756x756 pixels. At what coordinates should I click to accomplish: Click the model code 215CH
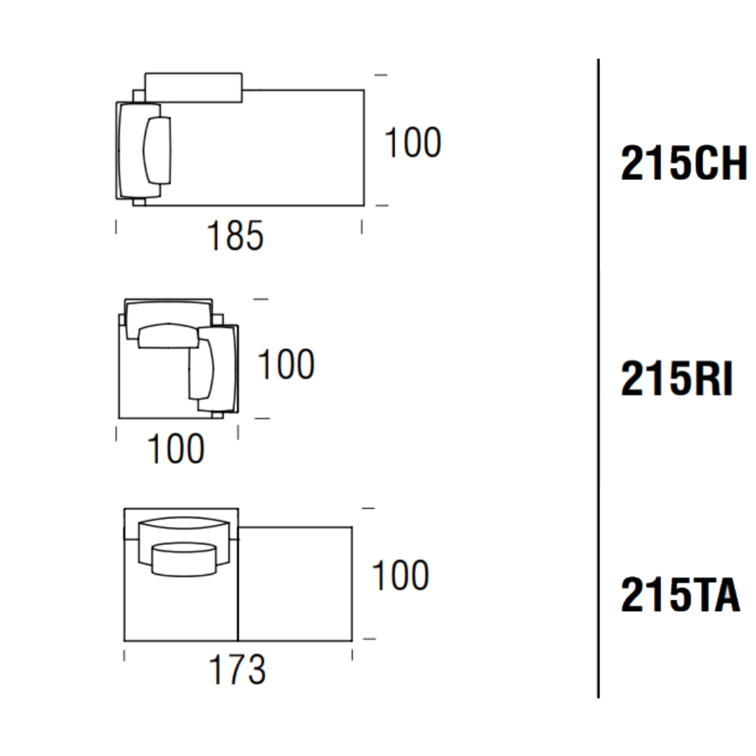pyautogui.click(x=684, y=163)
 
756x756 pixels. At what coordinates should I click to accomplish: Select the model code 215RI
pyautogui.click(x=676, y=378)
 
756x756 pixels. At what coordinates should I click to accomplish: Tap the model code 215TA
pyautogui.click(x=681, y=594)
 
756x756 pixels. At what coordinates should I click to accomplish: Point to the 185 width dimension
pyautogui.click(x=235, y=235)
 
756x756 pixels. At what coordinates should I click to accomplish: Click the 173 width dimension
pyautogui.click(x=237, y=669)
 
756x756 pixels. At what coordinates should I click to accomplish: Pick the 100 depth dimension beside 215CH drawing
pyautogui.click(x=413, y=142)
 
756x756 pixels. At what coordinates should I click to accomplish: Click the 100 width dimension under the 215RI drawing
pyautogui.click(x=175, y=449)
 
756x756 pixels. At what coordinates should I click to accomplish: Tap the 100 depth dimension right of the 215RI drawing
pyautogui.click(x=286, y=364)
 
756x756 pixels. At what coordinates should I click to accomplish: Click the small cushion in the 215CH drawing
pyautogui.click(x=157, y=150)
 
